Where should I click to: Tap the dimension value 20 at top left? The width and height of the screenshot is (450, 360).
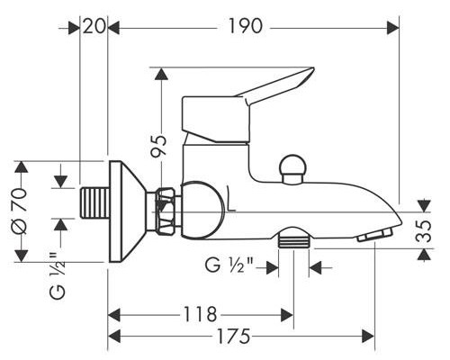pyautogui.click(x=94, y=27)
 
